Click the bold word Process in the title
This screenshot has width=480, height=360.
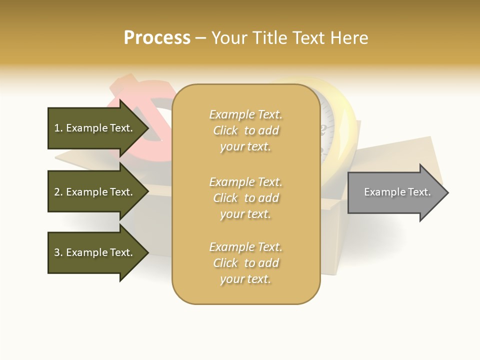(157, 38)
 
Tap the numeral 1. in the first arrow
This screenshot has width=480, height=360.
(58, 128)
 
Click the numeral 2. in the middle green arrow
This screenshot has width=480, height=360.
(58, 192)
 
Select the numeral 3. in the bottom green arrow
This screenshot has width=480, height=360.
(58, 252)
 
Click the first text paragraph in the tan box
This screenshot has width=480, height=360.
(245, 130)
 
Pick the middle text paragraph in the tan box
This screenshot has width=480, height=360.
(245, 198)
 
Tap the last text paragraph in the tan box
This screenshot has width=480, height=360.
(245, 263)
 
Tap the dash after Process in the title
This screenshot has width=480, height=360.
(200, 38)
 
